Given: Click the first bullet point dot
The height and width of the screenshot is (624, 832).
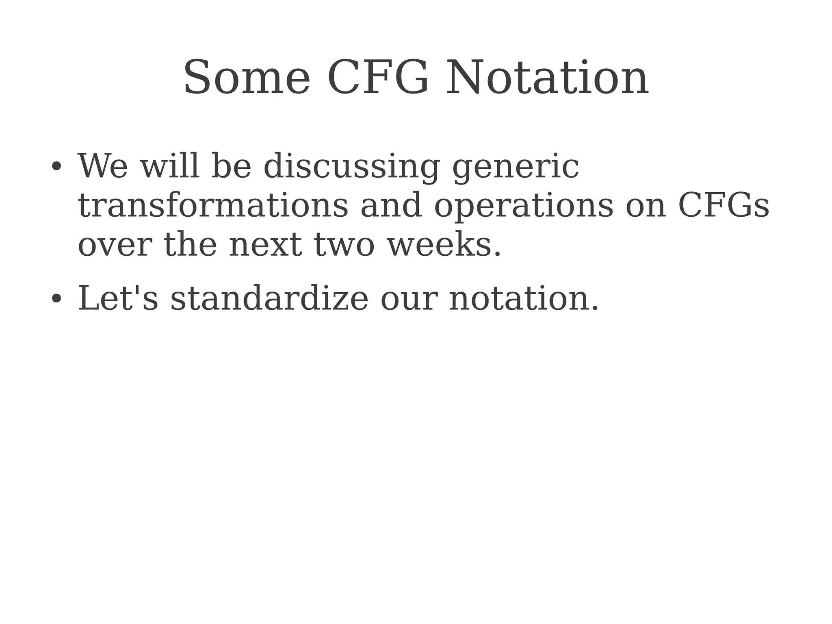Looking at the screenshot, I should (x=56, y=166).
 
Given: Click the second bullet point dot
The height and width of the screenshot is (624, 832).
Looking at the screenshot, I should (x=56, y=298).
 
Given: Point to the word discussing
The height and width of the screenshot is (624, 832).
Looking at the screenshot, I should (x=351, y=167).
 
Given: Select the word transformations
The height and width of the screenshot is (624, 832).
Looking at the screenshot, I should (x=213, y=205).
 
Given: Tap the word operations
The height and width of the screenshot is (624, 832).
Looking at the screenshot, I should (x=523, y=206).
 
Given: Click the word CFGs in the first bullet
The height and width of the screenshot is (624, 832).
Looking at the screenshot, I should (x=723, y=205).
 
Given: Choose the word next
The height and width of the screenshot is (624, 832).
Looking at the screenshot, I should (x=265, y=245).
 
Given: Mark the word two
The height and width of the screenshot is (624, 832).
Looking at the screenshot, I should (x=344, y=245).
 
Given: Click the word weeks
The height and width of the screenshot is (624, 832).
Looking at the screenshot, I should (x=444, y=245).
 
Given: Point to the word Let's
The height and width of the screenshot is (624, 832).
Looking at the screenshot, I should (x=118, y=298).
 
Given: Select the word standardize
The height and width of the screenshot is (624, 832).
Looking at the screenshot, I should (x=269, y=298).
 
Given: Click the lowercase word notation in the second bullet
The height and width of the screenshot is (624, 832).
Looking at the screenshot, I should (x=523, y=298).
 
